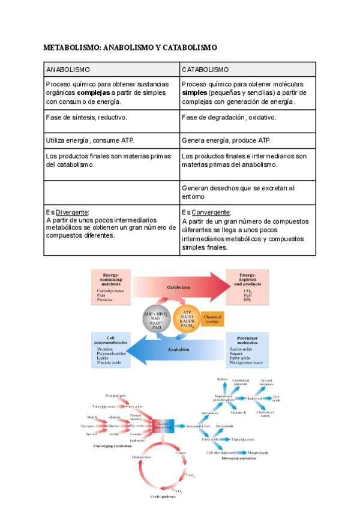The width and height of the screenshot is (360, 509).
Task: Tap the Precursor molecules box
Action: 247,350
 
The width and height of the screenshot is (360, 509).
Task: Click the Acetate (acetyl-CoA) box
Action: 163,426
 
